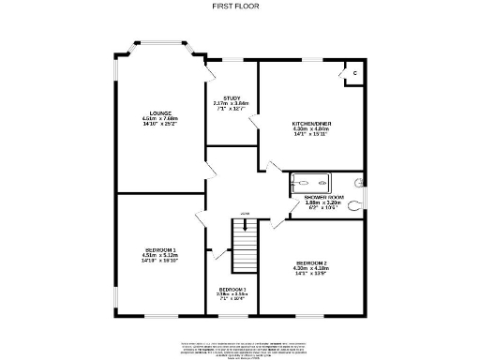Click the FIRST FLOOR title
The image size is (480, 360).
[x=239, y=7]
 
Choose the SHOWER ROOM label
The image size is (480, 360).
[x=324, y=197]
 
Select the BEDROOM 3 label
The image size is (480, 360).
[x=232, y=289]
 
